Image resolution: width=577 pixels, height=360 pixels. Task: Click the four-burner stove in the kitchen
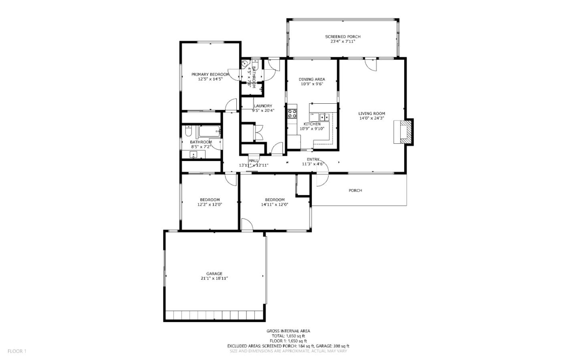coord(292,113)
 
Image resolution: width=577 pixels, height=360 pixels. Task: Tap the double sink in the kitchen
coord(323,117)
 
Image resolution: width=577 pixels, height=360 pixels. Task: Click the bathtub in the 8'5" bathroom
coord(209,131)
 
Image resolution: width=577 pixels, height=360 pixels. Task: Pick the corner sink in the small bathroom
coord(245,64)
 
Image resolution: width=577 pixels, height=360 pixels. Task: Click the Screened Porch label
coord(343,37)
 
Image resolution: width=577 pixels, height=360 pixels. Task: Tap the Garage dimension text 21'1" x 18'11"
coord(214,278)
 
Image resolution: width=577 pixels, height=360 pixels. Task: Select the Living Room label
coord(371,113)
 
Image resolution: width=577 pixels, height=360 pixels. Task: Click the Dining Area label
coord(312,79)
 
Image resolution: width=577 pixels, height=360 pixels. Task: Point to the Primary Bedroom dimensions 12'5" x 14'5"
coord(210,79)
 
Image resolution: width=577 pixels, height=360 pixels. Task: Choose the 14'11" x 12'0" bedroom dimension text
coord(274,205)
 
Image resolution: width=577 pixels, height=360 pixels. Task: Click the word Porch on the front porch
coord(355,191)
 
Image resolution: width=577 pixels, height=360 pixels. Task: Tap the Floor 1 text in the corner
coord(17,351)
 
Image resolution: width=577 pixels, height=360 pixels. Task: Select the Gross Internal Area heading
coord(288,331)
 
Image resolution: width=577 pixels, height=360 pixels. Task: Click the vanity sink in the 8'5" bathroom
coord(194,155)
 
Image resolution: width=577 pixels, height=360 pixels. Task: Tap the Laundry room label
coord(263,106)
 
